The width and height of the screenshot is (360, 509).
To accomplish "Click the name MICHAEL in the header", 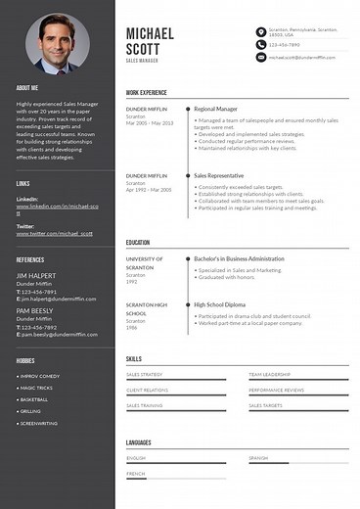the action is tap(150, 33).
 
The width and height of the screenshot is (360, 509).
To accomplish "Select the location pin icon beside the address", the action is tap(260, 32).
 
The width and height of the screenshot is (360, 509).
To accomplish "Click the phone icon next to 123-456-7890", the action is tap(260, 45).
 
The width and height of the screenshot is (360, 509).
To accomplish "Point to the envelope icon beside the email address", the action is tap(260, 58).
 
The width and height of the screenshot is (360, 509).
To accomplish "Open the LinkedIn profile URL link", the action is tap(56, 210).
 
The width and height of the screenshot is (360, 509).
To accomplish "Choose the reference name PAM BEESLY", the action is tap(34, 309).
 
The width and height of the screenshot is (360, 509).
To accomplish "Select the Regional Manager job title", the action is tap(216, 108).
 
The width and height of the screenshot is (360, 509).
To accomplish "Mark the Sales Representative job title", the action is tap(219, 175).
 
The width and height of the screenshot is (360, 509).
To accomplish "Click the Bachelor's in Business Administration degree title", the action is tap(239, 258).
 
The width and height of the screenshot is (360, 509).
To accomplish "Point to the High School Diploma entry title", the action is tap(220, 304).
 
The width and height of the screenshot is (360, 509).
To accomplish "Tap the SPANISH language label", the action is tap(257, 457).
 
